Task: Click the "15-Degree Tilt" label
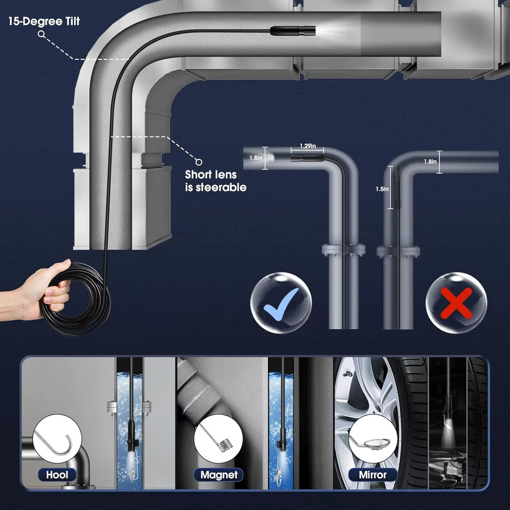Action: click(44, 21)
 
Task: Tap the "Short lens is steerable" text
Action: click(215, 181)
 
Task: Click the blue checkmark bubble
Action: click(281, 303)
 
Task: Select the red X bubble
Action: click(456, 303)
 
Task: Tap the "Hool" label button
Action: click(57, 475)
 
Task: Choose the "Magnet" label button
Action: click(219, 475)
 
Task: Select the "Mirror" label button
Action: click(373, 475)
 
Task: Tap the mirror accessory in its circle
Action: click(373, 439)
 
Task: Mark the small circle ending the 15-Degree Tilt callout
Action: click(41, 34)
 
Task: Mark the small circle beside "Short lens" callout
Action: click(199, 161)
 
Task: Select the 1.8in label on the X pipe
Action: click(431, 161)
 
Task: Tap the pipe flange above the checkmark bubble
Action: click(343, 250)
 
